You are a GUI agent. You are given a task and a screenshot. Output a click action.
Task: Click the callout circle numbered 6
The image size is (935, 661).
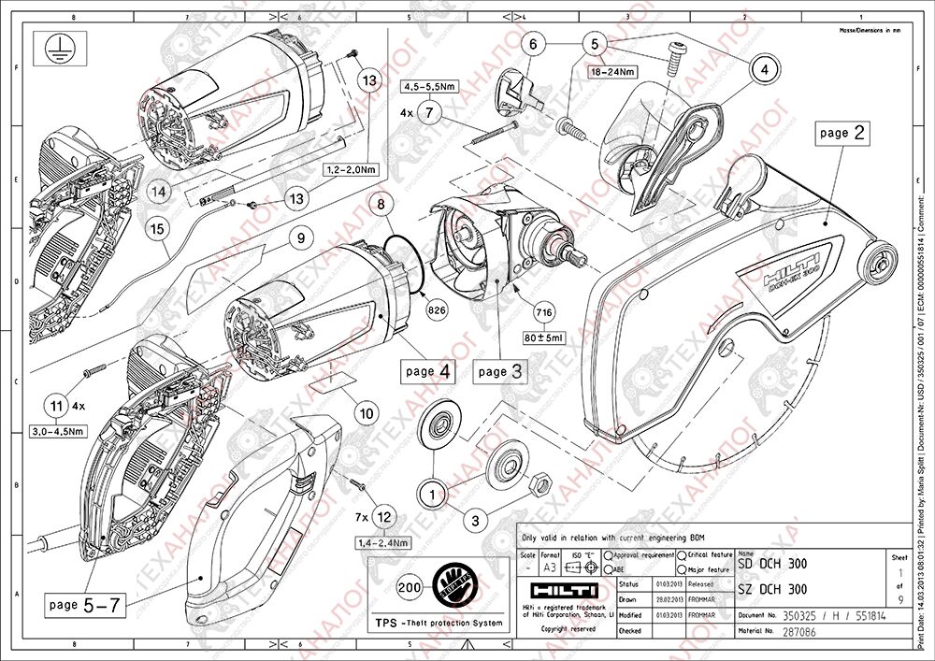tap(534, 44)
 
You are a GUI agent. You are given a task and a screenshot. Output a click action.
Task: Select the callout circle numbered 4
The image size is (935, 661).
tap(763, 68)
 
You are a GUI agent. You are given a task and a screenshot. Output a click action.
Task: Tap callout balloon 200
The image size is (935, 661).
tap(408, 588)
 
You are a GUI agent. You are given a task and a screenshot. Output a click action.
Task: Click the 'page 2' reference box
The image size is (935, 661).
tap(842, 133)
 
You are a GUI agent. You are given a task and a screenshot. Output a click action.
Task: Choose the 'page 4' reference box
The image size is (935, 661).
tap(428, 371)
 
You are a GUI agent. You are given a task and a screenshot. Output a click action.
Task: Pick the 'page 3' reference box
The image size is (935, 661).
tap(499, 371)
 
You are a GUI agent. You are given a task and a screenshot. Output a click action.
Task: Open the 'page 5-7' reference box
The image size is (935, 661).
tap(84, 605)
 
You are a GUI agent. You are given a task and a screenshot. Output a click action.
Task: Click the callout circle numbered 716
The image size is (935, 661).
tap(542, 312)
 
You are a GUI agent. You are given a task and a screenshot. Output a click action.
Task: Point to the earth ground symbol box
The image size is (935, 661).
tap(54, 49)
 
